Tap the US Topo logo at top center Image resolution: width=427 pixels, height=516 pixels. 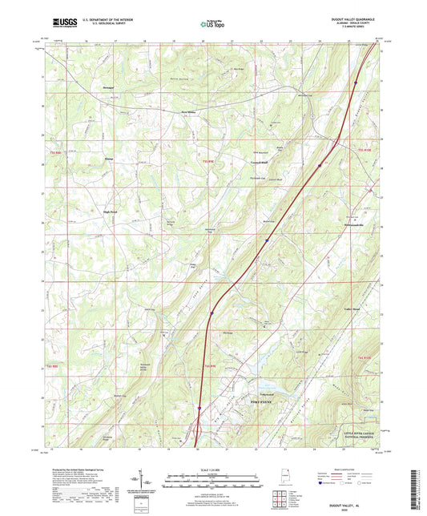[x=212, y=24]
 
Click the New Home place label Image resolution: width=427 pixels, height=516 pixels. [x=187, y=112]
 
